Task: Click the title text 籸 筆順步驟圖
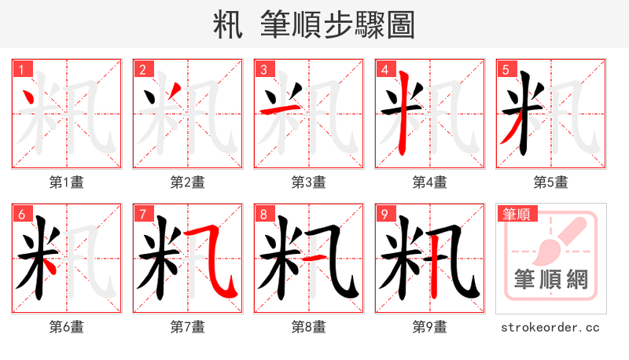coord(314,24)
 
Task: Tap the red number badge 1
coord(21,69)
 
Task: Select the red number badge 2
coord(142,69)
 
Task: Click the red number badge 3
coord(263,69)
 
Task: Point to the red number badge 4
coord(384,69)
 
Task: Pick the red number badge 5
coord(506,69)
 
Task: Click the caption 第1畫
coord(67,182)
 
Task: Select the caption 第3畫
coord(309,182)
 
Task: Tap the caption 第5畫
coord(551,182)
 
